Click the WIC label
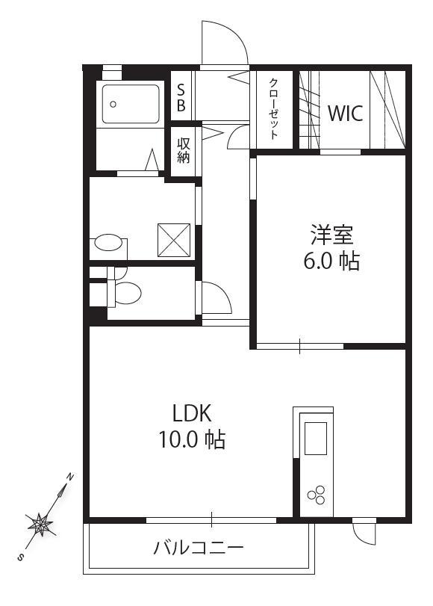345,114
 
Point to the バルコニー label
199,548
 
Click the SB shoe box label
181,98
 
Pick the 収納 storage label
184,151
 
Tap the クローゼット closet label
273,108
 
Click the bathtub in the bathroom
131,104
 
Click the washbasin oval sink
108,242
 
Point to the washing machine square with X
174,240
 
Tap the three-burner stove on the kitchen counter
317,495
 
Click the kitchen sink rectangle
316,439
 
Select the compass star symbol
40,525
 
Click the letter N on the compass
70,477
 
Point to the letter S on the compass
20,557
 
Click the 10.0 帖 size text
192,439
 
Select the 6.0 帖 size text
331,261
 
